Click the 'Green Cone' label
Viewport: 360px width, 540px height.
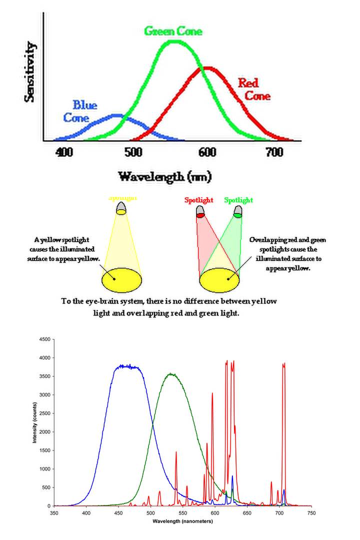coord(173,31)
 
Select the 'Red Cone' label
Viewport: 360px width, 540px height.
coord(254,89)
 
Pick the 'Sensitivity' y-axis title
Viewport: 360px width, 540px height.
coord(30,72)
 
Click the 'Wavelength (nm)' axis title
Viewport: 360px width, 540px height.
coord(164,176)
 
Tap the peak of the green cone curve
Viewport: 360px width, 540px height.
coord(174,41)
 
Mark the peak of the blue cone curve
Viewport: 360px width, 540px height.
coord(116,115)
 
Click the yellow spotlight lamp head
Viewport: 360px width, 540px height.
coord(121,208)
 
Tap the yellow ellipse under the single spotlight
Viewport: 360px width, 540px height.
coord(122,279)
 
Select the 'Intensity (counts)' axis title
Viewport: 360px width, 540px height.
coord(35,423)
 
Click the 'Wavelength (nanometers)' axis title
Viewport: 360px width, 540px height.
coord(183,521)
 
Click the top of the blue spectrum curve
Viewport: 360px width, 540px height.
coord(129,366)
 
